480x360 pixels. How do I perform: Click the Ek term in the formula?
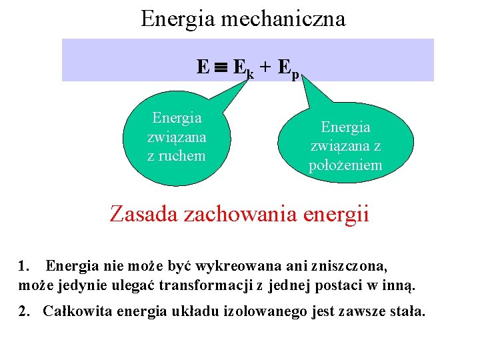[243, 67]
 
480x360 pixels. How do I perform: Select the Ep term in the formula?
[289, 67]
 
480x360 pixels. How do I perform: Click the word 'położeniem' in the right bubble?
[345, 165]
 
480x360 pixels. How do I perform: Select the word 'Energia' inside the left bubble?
[177, 118]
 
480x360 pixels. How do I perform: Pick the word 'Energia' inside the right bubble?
[345, 127]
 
